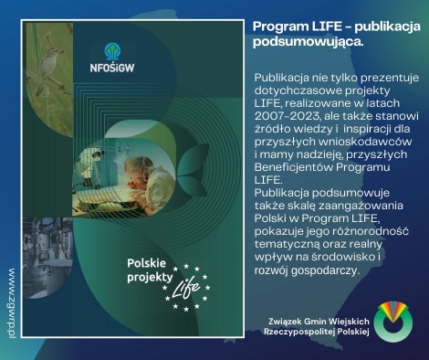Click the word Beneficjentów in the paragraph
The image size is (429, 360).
(295, 168)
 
